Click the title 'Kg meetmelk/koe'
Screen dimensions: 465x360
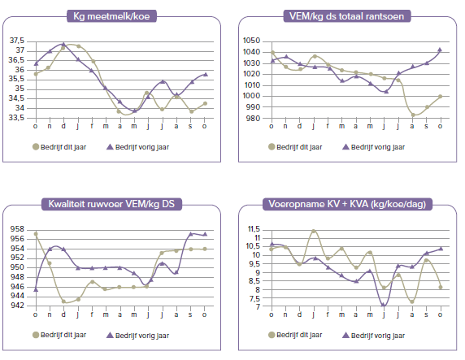[x=111, y=16]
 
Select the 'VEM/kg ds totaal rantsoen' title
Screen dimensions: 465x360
[x=346, y=16]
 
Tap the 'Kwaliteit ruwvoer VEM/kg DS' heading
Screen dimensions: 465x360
[x=111, y=204]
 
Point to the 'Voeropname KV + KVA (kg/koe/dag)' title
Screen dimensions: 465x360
[x=347, y=204]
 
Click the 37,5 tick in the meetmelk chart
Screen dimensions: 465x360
[x=17, y=41]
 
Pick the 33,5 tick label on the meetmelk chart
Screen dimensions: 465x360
[x=17, y=118]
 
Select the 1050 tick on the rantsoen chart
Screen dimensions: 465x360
[x=251, y=41]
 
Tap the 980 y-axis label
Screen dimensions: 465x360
[x=253, y=119]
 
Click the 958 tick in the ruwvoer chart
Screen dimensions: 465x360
[x=17, y=229]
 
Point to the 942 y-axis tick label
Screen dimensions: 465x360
[x=17, y=306]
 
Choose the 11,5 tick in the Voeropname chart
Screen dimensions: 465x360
[x=254, y=229]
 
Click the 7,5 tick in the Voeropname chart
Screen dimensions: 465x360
[x=254, y=298]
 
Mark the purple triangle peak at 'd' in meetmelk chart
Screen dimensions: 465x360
[x=63, y=45]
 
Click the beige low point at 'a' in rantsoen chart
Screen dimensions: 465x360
[x=413, y=115]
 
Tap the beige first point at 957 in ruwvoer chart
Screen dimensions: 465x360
[x=36, y=234]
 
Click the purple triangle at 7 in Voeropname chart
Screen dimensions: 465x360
[x=383, y=305]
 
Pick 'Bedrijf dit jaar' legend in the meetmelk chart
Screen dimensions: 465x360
[x=59, y=147]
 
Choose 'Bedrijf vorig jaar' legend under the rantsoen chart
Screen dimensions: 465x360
[x=374, y=147]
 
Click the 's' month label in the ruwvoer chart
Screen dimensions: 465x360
[x=190, y=314]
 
